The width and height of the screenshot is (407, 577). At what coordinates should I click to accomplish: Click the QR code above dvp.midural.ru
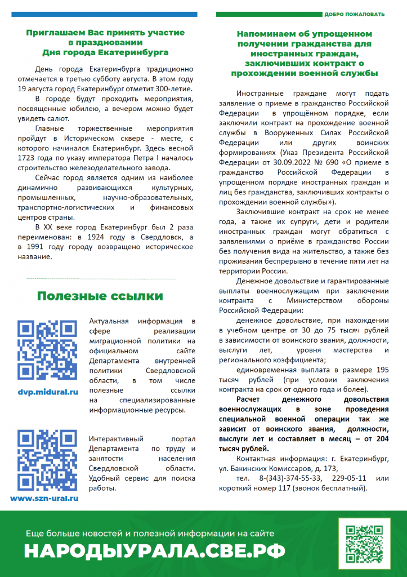47,349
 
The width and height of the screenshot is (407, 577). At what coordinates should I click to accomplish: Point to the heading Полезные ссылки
100,296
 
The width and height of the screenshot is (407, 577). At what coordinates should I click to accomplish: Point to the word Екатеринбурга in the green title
131,52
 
